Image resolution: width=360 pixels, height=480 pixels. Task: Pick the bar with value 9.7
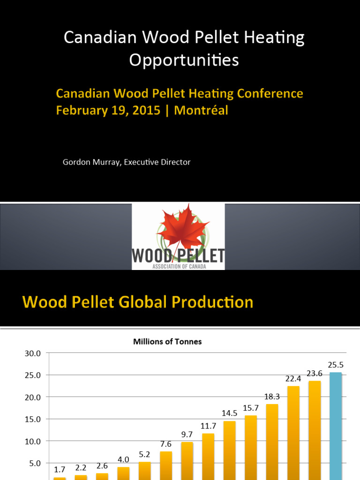click(187, 459)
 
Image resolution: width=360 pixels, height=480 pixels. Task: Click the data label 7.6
click(166, 444)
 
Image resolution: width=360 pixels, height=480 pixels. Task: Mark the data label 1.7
click(60, 469)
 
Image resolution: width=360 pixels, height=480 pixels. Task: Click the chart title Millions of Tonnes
click(167, 342)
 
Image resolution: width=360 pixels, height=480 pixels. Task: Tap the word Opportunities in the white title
click(184, 60)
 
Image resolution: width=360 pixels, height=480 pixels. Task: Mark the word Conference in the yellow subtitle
click(269, 94)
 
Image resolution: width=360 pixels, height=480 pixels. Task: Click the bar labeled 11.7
click(208, 456)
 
